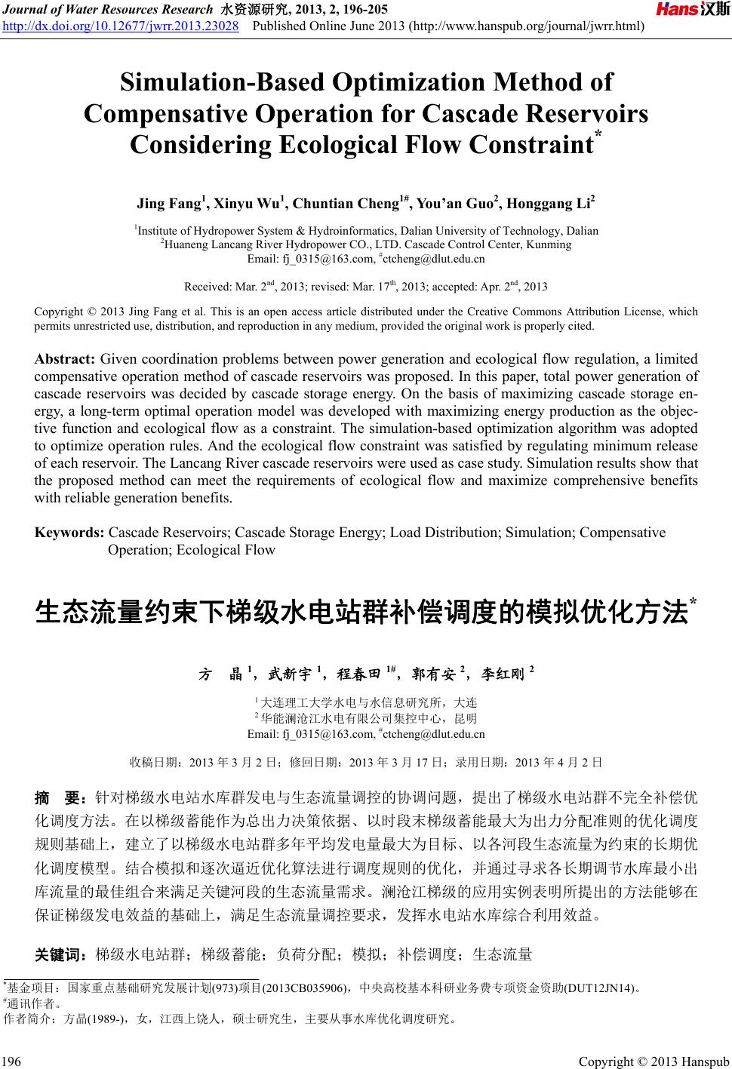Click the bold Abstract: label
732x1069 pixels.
coord(65,358)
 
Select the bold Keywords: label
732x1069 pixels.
coord(69,533)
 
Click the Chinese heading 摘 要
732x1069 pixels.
coord(62,797)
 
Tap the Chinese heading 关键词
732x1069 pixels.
coord(62,955)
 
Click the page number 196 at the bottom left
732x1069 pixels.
coord(12,1061)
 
